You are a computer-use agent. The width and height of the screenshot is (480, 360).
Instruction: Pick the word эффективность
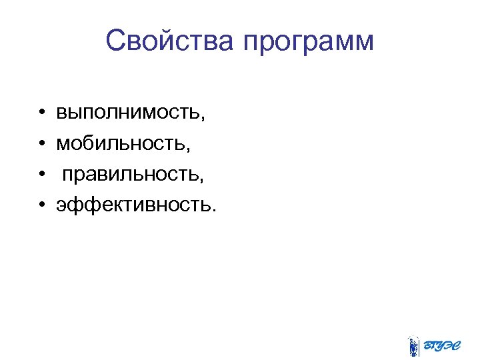[133, 205]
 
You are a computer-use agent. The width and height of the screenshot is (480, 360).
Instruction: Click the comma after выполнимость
[202, 119]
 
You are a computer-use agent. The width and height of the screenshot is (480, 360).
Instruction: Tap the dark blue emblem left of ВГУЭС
[413, 346]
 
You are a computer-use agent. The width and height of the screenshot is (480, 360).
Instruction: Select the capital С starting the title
[115, 41]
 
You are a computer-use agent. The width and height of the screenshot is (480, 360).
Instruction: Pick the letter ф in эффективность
[86, 205]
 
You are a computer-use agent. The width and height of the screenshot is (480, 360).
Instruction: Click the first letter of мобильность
[63, 143]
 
